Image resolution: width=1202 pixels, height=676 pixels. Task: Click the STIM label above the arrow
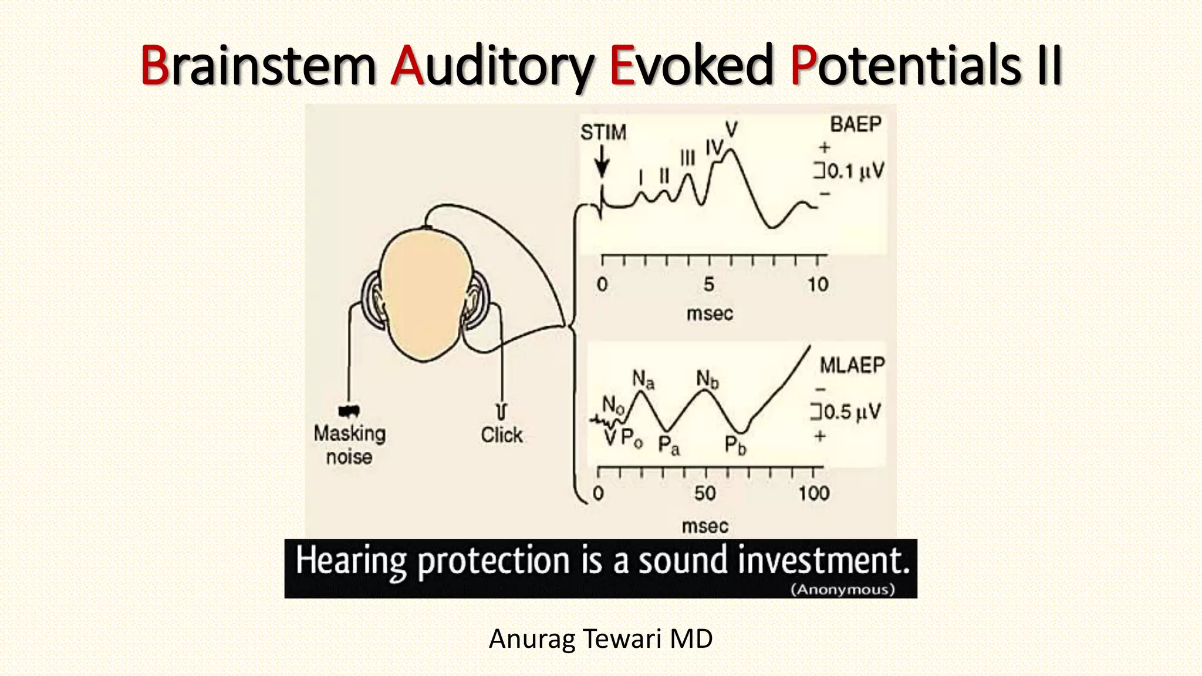pos(603,132)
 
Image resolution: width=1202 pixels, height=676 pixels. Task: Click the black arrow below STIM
pos(602,162)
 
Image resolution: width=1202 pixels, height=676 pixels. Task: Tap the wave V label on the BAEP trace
pos(731,130)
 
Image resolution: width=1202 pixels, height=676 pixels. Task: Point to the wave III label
pos(687,158)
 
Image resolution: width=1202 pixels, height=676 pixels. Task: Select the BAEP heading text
pos(855,124)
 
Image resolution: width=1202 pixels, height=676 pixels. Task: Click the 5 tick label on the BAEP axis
pos(709,285)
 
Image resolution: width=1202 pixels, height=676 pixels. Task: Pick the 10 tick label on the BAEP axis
pos(817,285)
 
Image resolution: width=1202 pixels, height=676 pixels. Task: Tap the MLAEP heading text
pos(852,365)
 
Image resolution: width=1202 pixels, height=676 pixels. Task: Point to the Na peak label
pos(643,380)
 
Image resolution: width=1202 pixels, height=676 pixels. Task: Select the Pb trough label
pos(735,445)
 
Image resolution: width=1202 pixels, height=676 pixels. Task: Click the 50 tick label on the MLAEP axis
pos(705,493)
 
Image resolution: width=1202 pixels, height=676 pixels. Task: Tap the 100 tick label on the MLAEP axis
pos(813,493)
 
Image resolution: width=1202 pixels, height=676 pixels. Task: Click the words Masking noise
pos(349,445)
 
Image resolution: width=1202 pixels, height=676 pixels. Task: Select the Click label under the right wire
pos(501,435)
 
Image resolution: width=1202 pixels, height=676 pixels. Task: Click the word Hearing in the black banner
pos(350,560)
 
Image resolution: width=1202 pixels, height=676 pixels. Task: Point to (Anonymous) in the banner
pos(843,589)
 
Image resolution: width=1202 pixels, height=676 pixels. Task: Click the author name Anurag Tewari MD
pos(600,638)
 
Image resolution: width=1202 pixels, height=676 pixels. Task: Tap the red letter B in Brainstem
pos(154,66)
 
